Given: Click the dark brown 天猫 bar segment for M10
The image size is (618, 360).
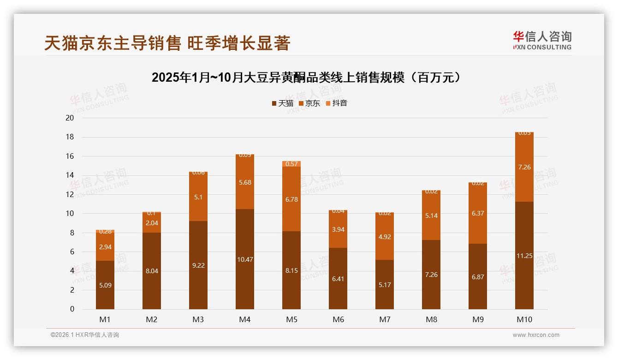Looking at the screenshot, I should [524, 277].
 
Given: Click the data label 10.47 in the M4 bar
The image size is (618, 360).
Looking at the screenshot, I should [245, 259].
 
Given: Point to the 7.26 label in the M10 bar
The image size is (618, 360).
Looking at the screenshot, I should [524, 167].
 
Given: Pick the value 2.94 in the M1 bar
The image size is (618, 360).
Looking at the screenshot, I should [105, 247].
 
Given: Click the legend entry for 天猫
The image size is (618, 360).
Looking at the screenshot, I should [282, 103].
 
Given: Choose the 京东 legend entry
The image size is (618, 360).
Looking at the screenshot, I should [309, 103].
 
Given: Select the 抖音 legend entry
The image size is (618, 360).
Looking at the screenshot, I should [337, 103].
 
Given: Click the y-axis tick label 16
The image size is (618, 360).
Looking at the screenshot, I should [70, 156].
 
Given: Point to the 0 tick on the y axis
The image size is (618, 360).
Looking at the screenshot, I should [72, 309].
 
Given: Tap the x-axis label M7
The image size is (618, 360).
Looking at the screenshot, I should [385, 319].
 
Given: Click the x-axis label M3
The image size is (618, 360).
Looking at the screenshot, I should [198, 319].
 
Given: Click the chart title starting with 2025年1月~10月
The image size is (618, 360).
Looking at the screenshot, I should [307, 78].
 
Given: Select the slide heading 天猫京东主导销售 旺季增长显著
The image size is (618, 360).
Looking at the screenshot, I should [167, 43].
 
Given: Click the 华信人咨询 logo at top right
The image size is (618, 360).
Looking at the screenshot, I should [542, 40].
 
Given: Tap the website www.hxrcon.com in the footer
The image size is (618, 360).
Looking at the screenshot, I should [536, 335].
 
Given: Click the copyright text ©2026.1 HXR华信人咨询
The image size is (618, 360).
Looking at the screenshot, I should [84, 335].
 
